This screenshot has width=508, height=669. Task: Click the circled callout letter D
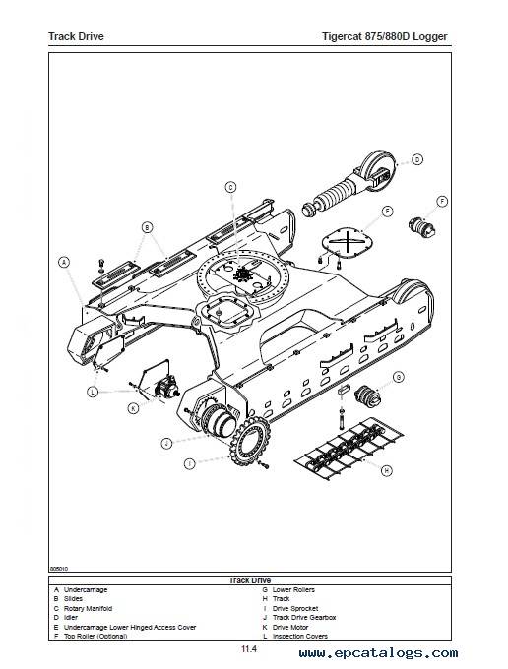(x=417, y=159)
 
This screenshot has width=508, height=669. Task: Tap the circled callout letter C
(x=230, y=187)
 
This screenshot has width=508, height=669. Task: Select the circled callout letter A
(x=64, y=262)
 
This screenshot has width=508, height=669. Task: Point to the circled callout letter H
(x=386, y=470)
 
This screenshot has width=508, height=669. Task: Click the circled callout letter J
(x=167, y=444)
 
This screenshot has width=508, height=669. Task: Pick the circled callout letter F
(x=442, y=202)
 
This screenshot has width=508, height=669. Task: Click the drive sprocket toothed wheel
(x=249, y=442)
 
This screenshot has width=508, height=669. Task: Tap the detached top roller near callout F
(x=421, y=227)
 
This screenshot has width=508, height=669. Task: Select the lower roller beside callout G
(x=367, y=396)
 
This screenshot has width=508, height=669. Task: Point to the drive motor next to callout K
(x=166, y=388)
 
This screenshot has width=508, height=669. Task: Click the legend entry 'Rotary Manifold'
(x=88, y=608)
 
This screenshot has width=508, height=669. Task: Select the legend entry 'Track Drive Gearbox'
(x=304, y=618)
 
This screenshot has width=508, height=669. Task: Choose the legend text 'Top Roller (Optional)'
(x=95, y=637)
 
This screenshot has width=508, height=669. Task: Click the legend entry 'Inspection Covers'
(x=300, y=637)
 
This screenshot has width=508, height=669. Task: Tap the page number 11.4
(x=249, y=649)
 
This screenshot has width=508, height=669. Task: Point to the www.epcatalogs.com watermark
(x=378, y=653)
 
